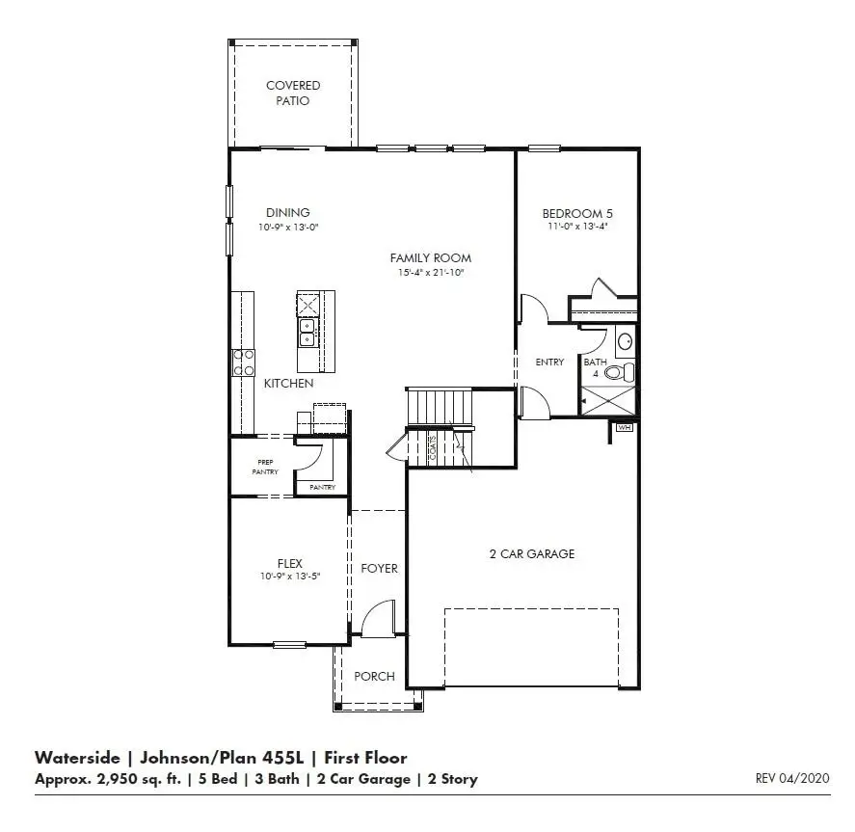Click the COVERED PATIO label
[x=293, y=93]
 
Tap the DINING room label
[x=287, y=213]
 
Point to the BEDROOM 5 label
[x=577, y=213]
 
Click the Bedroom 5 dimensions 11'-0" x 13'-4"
[x=577, y=228]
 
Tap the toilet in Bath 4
[x=627, y=371]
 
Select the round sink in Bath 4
[x=625, y=341]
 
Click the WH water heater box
[x=624, y=426]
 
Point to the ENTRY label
[x=549, y=362]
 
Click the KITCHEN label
[x=288, y=384]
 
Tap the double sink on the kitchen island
[x=308, y=333]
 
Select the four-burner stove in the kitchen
[x=244, y=362]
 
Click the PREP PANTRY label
[x=266, y=467]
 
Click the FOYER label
[x=379, y=568]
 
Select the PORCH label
[x=374, y=676]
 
